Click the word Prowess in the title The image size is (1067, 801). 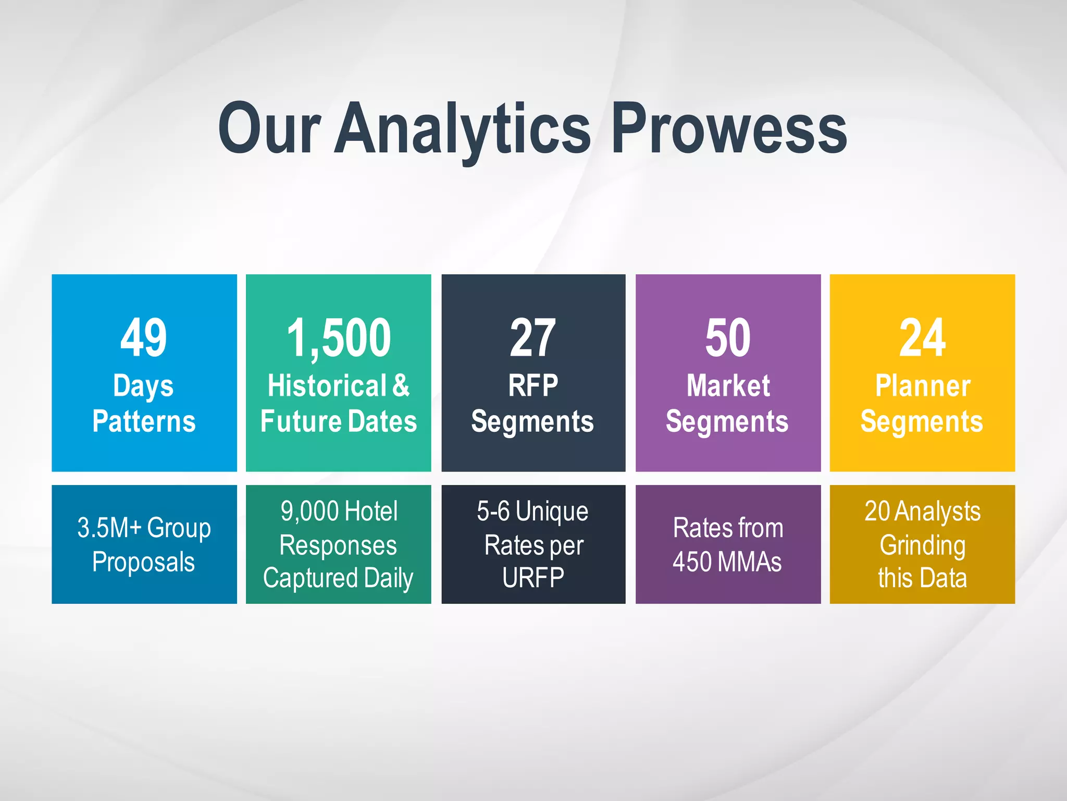click(729, 129)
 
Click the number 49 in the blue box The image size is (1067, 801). click(144, 338)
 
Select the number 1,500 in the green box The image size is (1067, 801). click(339, 338)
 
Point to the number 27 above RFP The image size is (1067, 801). click(532, 338)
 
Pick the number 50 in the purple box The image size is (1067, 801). click(728, 338)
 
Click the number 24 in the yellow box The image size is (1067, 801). click(922, 338)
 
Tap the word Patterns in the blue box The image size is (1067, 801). click(144, 421)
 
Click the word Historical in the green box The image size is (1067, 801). click(327, 386)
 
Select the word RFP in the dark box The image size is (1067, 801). click(533, 386)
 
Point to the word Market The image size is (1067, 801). click(728, 386)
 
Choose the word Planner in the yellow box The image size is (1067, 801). click(922, 386)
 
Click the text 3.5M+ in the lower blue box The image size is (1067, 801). click(109, 528)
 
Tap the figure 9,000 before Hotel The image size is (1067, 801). click(309, 511)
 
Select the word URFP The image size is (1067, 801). click(533, 578)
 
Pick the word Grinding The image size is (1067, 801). click(922, 545)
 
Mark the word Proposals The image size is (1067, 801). click(144, 562)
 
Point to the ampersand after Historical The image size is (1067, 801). click(401, 386)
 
